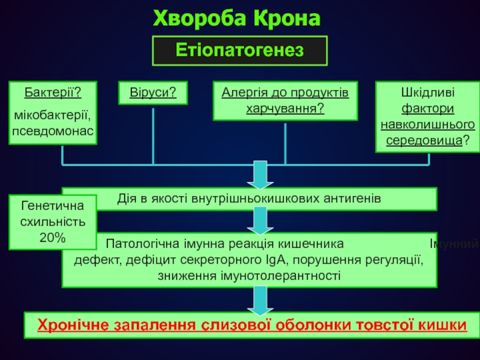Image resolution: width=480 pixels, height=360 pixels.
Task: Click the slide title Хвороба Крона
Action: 238,17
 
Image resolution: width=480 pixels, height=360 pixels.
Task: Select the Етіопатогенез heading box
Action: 239,50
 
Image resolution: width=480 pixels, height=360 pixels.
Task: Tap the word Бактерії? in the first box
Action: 53,93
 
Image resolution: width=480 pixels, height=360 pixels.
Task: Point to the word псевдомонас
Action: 53,129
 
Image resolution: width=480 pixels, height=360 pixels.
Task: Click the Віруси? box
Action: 152,93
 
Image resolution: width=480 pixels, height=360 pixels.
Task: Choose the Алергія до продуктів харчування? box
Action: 286,100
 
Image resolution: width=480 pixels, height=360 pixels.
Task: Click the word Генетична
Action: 53,206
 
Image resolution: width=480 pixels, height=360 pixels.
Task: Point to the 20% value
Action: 53,238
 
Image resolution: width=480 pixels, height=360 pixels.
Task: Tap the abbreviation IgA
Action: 300,260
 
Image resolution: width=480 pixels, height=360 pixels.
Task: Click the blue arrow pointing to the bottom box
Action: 259,300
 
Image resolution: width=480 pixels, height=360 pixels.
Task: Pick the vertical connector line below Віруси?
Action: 153,135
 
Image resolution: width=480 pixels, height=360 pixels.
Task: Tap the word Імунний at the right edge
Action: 454,244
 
